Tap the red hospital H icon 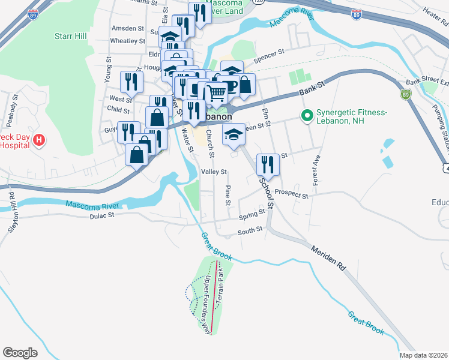(x=39, y=141)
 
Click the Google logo (x=20, y=352)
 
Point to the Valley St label (x=214, y=172)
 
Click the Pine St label (x=228, y=195)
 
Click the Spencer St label (x=268, y=56)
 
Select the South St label (x=250, y=229)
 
